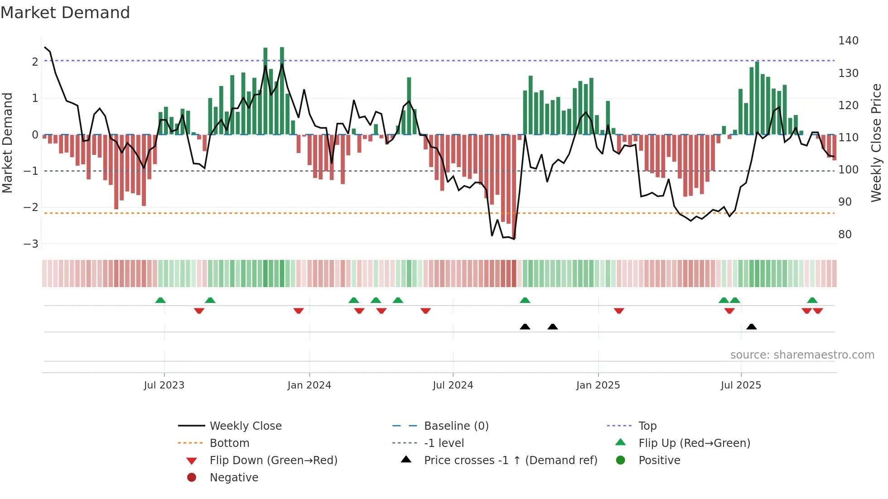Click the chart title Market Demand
point(65,13)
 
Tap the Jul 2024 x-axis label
point(453,385)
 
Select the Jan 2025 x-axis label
point(598,385)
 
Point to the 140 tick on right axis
point(848,41)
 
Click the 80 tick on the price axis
point(845,235)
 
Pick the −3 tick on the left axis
point(31,244)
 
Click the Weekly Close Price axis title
point(876,143)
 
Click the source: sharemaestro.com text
point(802,355)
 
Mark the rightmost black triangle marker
point(751,327)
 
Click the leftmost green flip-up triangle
point(160,300)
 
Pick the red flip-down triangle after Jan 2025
point(619,311)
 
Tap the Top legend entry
point(647,426)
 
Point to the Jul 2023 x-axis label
point(164,385)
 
